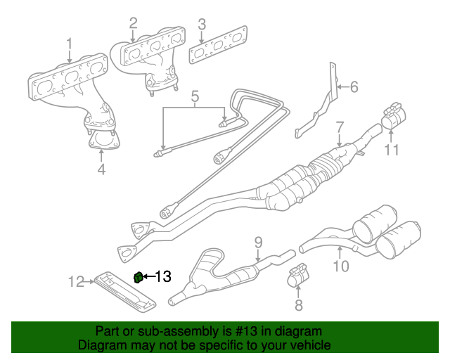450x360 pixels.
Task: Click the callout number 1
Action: [70, 46]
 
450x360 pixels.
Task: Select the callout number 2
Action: [133, 25]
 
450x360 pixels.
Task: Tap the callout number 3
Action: [202, 27]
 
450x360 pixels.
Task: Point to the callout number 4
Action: [101, 169]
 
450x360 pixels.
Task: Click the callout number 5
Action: [195, 95]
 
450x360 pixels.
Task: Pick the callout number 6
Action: [354, 87]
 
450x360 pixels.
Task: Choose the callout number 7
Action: [340, 127]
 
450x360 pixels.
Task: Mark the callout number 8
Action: [298, 304]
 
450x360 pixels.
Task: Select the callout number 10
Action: [340, 266]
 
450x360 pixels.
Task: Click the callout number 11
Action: [391, 150]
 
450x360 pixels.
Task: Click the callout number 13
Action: [163, 277]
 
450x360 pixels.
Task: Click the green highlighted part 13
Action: [139, 276]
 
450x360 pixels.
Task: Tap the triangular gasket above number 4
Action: [103, 143]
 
